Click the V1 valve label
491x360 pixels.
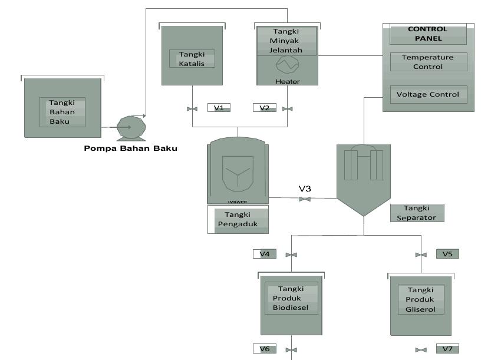219,108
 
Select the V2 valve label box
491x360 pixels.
264,108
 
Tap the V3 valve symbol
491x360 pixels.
305,200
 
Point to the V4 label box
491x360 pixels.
265,254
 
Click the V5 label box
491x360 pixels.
447,254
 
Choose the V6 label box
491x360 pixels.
265,349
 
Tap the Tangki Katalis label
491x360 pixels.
192,59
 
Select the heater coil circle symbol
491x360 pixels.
288,63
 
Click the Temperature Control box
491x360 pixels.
429,62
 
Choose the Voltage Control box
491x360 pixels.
429,94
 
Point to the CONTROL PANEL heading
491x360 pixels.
429,34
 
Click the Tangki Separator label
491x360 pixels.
417,213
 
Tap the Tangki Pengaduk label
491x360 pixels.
240,219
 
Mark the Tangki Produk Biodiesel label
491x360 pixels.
291,299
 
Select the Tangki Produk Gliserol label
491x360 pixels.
420,299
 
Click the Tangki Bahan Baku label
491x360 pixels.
62,112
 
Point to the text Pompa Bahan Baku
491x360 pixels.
130,148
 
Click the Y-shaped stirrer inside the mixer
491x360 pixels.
238,175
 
